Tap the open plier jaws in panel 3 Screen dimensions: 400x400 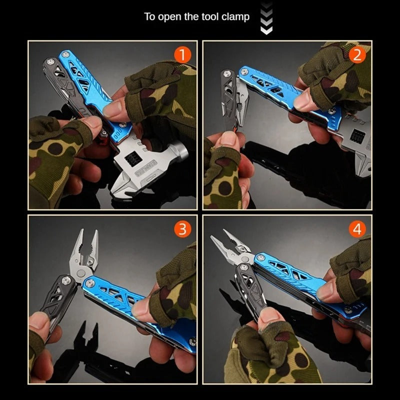click(85, 250)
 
